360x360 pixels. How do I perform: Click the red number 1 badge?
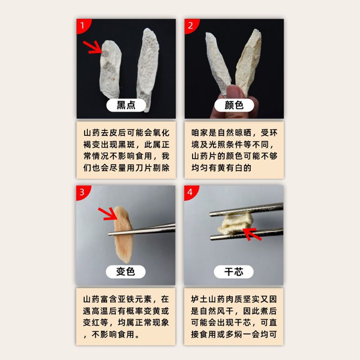(x=82, y=25)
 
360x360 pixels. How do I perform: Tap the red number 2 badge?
(x=190, y=25)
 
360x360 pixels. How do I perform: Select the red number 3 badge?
(x=82, y=192)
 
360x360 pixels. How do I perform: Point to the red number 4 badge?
(x=190, y=192)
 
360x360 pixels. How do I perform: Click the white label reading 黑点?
(x=126, y=105)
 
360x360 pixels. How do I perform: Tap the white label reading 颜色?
(x=234, y=105)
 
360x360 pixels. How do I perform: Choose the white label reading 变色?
(x=126, y=272)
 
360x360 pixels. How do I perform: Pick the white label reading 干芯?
(x=234, y=272)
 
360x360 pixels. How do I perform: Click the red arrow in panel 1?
(x=93, y=47)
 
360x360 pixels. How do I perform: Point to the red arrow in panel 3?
(x=108, y=214)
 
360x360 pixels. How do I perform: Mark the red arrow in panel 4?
(x=252, y=234)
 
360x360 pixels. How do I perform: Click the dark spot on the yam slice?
(x=105, y=54)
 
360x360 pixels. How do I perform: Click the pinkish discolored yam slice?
(x=123, y=234)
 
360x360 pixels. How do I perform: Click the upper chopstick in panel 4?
(x=246, y=209)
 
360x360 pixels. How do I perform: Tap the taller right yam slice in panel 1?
(x=148, y=69)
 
